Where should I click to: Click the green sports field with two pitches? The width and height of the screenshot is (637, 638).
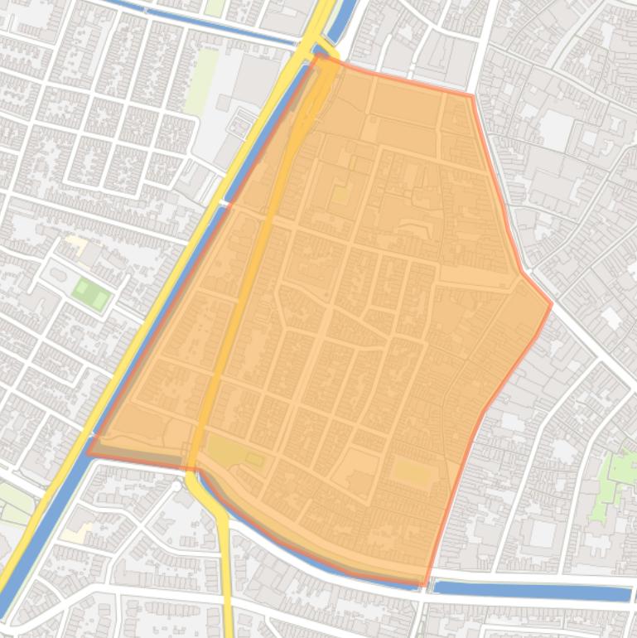click(90, 292)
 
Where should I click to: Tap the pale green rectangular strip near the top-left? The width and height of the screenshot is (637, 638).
click(200, 81)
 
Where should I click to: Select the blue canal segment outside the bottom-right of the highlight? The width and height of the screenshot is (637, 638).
click(530, 591)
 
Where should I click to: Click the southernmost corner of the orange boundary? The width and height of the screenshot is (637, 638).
click(424, 585)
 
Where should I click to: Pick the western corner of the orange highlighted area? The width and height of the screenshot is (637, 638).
click(88, 452)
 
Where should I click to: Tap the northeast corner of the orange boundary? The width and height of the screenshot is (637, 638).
click(472, 96)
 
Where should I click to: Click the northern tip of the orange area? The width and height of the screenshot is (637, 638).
click(317, 56)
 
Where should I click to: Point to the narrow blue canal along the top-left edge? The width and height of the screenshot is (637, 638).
click(207, 23)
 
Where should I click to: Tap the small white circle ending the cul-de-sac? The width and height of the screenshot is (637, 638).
click(177, 486)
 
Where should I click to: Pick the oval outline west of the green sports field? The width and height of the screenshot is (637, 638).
click(58, 274)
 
